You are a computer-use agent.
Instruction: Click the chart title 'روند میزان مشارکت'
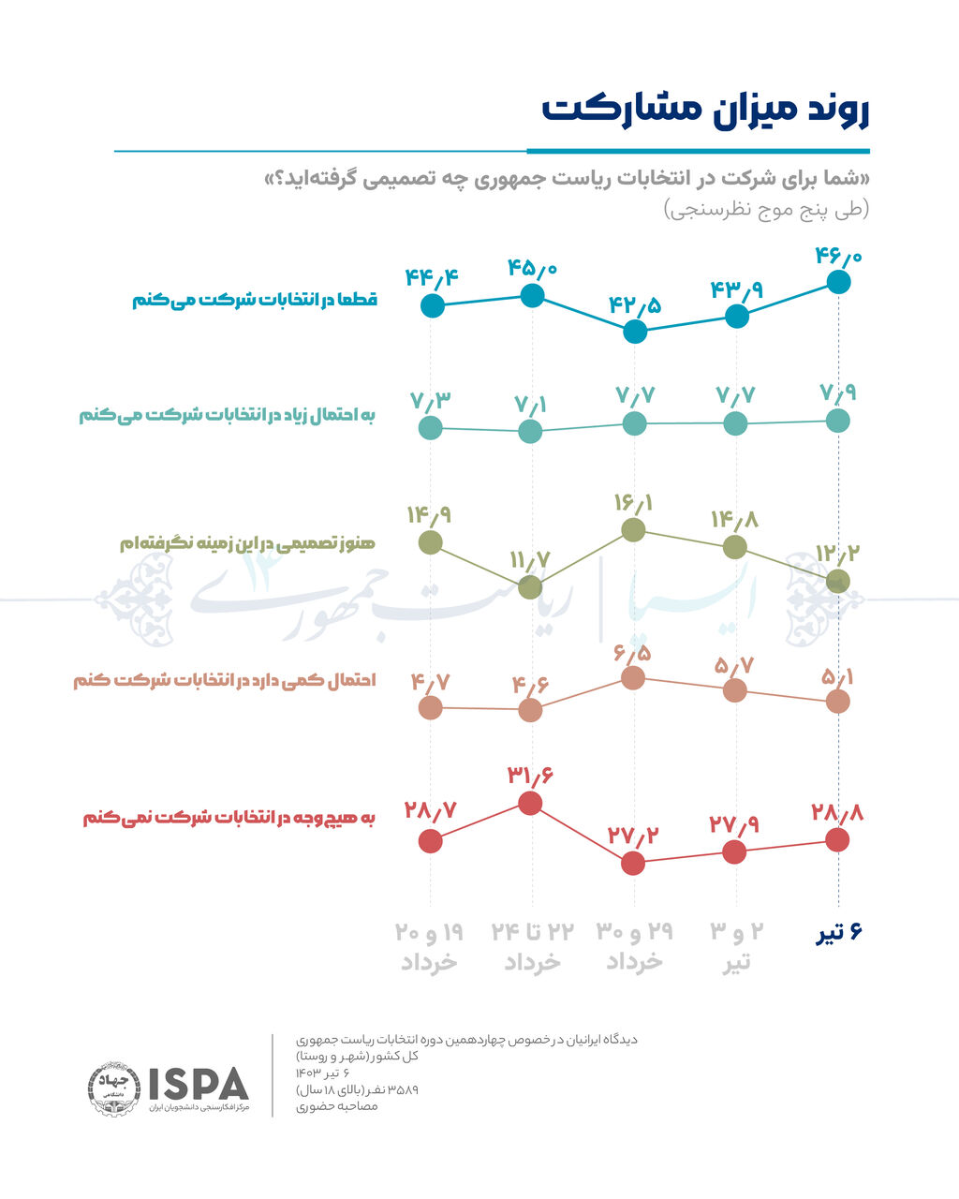(x=705, y=109)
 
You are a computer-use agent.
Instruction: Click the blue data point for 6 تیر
(x=838, y=281)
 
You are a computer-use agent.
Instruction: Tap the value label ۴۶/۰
(x=838, y=255)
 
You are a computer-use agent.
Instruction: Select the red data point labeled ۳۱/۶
(x=530, y=803)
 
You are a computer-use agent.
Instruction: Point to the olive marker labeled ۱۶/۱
(x=634, y=529)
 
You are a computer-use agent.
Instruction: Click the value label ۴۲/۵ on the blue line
(x=634, y=305)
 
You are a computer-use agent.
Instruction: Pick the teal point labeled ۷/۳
(x=430, y=428)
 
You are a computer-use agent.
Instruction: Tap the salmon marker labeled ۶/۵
(x=634, y=677)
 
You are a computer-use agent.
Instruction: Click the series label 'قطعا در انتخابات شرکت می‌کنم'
(x=254, y=301)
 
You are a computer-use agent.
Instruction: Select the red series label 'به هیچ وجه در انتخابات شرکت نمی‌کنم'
(x=229, y=819)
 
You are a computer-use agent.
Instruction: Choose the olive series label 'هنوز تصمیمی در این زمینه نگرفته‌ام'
(x=247, y=544)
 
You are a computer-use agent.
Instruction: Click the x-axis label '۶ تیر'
(x=837, y=933)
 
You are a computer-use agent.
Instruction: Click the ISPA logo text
(x=199, y=1084)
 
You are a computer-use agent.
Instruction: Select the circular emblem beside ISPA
(x=114, y=1090)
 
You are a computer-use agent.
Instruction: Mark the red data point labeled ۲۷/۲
(x=634, y=863)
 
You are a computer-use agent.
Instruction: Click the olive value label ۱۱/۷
(x=530, y=561)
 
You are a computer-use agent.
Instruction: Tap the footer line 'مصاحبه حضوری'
(x=337, y=1106)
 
